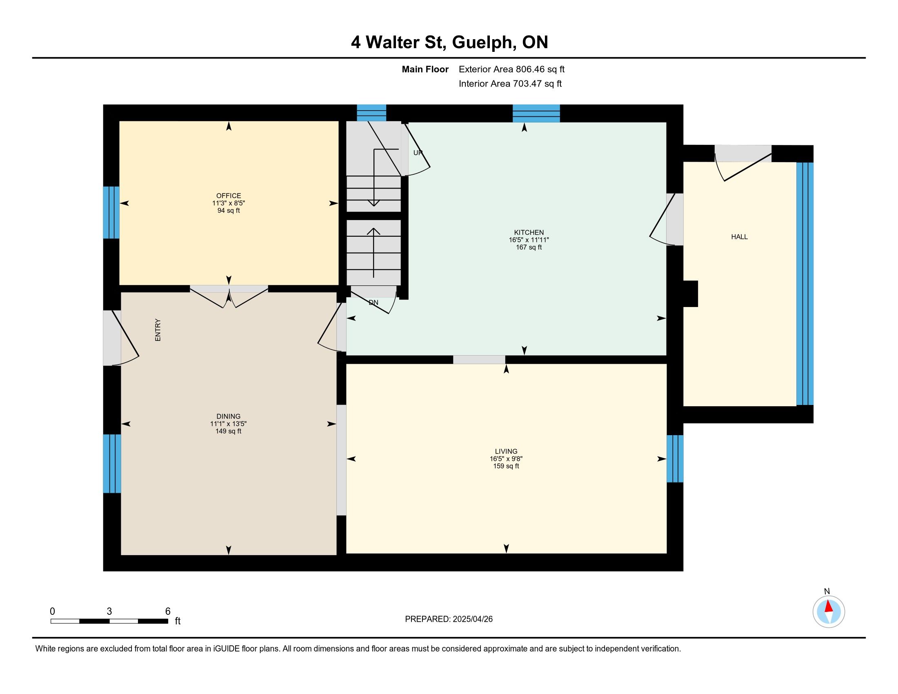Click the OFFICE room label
(x=229, y=196)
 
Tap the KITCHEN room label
(x=529, y=232)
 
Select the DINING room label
(x=228, y=416)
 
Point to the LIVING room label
(x=506, y=451)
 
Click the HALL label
(x=739, y=237)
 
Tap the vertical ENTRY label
(x=158, y=330)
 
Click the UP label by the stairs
(x=418, y=153)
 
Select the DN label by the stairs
(x=373, y=303)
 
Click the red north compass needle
(x=829, y=606)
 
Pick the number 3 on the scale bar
(x=109, y=612)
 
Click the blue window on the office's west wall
(x=111, y=213)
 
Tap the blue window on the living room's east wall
(x=675, y=458)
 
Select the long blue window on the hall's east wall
(x=805, y=284)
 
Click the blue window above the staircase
(x=371, y=113)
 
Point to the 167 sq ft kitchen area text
(x=529, y=247)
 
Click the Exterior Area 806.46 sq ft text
(x=511, y=69)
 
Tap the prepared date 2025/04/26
(x=472, y=619)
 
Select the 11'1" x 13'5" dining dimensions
(x=228, y=424)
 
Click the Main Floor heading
(x=425, y=69)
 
